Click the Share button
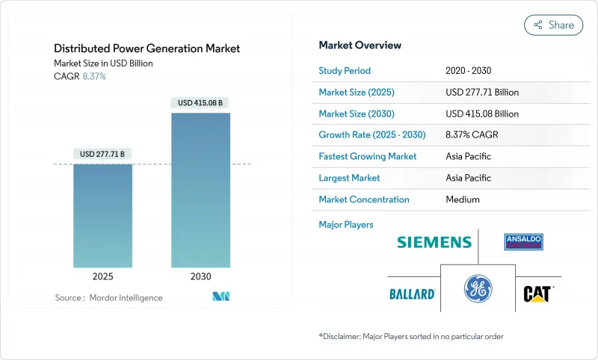(554, 25)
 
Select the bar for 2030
(200, 190)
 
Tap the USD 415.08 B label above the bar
(200, 102)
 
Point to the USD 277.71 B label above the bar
(102, 154)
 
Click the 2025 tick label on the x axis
(102, 276)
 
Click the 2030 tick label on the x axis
(200, 276)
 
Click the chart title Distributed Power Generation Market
(147, 49)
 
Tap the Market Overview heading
(360, 45)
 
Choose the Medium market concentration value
(462, 199)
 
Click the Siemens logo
(434, 242)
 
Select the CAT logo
(537, 293)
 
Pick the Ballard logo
(412, 294)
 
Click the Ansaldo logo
(523, 241)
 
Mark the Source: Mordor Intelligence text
(108, 298)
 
